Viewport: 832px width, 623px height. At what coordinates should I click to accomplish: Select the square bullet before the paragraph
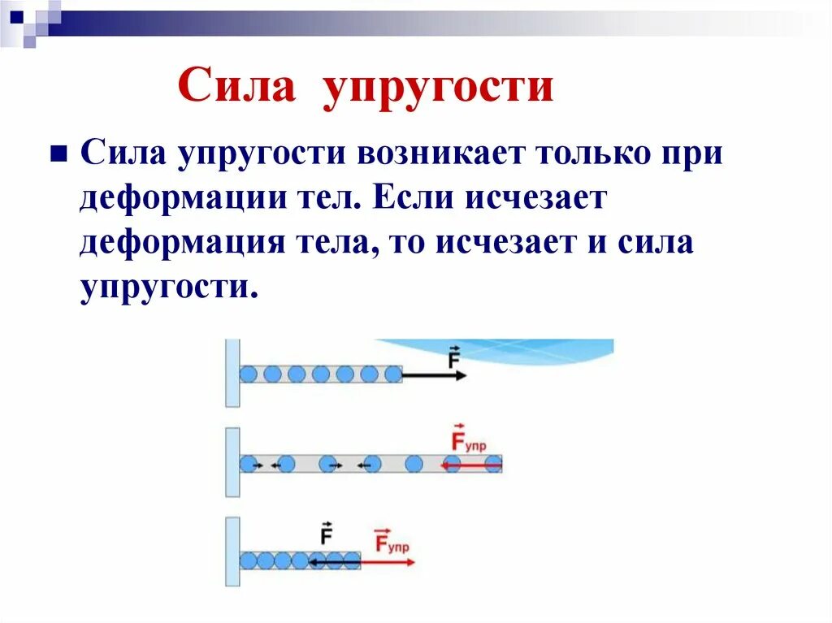[x=58, y=154]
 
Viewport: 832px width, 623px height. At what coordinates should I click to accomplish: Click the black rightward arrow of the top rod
[x=435, y=375]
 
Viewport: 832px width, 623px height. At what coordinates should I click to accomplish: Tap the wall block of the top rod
[x=232, y=373]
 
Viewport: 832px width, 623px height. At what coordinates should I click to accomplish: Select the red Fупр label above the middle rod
[x=469, y=441]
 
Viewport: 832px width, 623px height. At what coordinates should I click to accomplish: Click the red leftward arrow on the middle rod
[x=471, y=465]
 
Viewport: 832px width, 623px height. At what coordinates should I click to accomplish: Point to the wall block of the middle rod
[x=232, y=462]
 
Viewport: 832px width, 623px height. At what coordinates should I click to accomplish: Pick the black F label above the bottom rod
[x=327, y=534]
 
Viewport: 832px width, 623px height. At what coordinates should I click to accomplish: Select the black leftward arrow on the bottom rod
[x=334, y=560]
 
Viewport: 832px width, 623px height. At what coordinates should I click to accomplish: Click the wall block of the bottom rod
[x=232, y=552]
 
